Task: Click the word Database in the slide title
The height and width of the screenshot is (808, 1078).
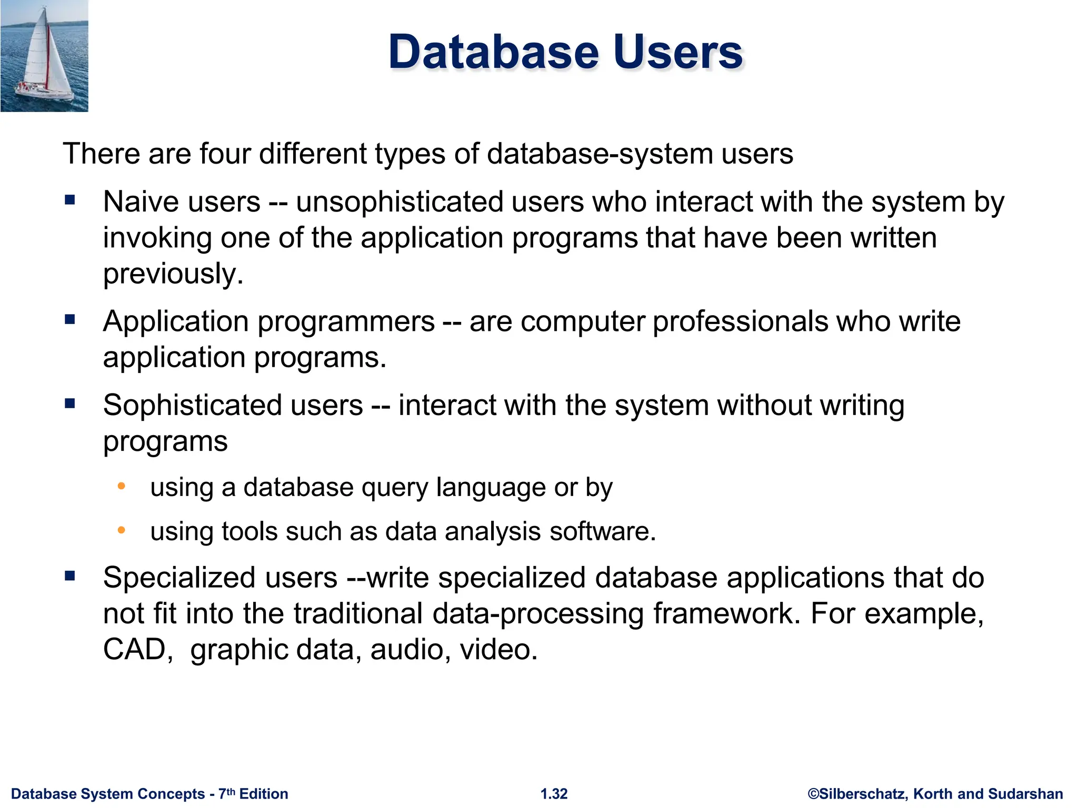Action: [494, 52]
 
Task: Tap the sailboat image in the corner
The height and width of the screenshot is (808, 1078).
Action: [44, 56]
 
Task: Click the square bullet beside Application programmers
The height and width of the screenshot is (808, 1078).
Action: [70, 319]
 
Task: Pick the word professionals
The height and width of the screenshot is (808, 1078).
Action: [740, 321]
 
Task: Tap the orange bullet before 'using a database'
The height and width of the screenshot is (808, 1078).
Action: [121, 486]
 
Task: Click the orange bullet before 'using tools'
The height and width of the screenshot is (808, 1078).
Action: [121, 530]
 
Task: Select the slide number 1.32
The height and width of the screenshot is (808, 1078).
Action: [554, 794]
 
